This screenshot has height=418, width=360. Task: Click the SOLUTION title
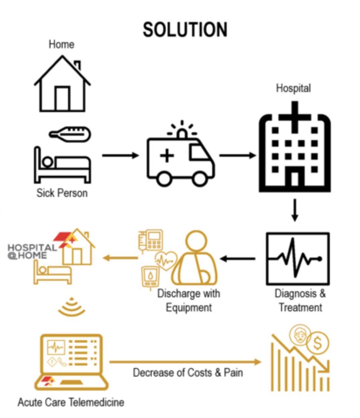185,29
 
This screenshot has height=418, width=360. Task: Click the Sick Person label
62,193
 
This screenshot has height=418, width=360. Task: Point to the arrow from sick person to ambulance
120,155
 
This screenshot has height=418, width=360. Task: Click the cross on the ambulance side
166,156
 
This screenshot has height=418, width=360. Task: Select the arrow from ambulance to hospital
237,155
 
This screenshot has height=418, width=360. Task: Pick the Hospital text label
293,88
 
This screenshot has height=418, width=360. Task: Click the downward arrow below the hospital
294,210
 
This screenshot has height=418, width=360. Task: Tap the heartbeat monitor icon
298,259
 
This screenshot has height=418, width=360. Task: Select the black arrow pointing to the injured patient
238,259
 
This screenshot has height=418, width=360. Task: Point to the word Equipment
189,307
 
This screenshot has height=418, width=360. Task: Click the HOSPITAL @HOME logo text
31,251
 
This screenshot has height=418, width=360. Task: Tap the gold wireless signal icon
71,307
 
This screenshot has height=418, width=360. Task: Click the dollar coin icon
318,343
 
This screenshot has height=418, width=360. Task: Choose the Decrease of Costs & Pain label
188,372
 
